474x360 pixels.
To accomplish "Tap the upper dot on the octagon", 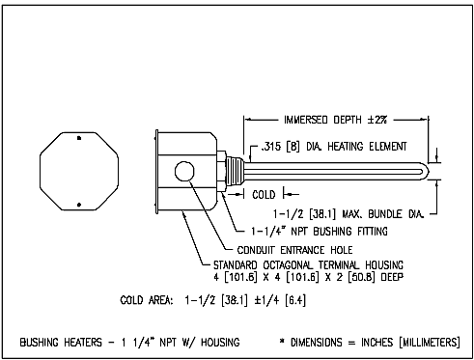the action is pos(79,138).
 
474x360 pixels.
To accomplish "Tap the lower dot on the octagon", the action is pos(79,205).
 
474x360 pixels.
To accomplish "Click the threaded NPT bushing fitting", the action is pos(235,172).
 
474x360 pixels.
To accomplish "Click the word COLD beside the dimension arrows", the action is pos(264,195).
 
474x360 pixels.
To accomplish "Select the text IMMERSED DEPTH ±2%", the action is pos(335,120).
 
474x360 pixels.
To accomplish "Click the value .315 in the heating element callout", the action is pos(271,147).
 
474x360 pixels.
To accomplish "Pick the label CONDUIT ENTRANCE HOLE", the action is pos(294,250).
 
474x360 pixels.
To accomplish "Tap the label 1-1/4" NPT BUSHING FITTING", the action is pos(320,232).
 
